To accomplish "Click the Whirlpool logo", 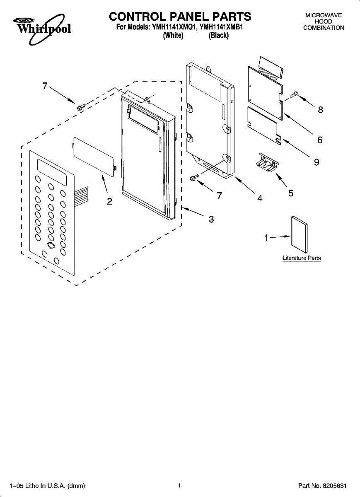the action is tap(42, 29).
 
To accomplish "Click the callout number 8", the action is tap(320, 110).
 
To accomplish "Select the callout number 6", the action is tap(320, 140).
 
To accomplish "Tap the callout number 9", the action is tap(317, 162).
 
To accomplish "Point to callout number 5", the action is tap(291, 193).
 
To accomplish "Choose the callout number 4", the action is tap(260, 198).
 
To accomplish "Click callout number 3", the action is tap(211, 219).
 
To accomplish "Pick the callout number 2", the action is tap(109, 201).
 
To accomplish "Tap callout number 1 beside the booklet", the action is tap(266, 238).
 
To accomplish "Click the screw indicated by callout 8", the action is tap(295, 94).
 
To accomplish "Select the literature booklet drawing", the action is tap(300, 234).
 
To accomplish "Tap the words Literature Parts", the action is tap(302, 258).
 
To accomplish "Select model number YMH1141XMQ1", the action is tap(174, 27).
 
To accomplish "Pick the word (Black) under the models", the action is tap(219, 35).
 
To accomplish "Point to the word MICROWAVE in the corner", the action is tap(324, 15).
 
